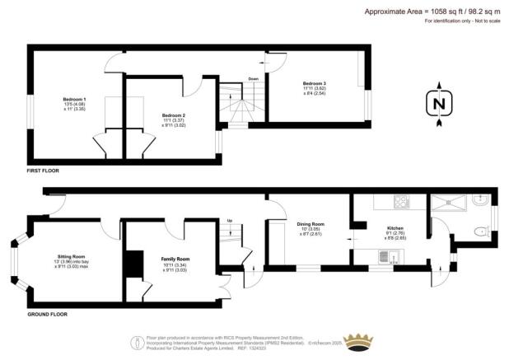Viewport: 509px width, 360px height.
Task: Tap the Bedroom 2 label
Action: coord(173,115)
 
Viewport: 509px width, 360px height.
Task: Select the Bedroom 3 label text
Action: coord(314,84)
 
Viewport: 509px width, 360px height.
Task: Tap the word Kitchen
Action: coord(395,227)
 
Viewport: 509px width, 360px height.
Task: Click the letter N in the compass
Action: coord(439,105)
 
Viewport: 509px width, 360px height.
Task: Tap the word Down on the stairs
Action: coord(254,80)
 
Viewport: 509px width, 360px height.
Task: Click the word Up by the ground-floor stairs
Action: coord(229,220)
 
